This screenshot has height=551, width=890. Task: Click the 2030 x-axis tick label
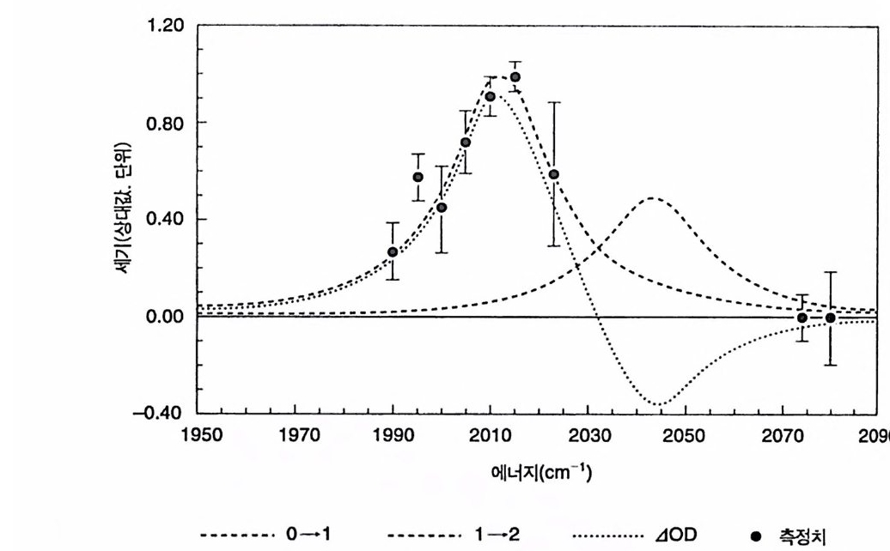click(588, 436)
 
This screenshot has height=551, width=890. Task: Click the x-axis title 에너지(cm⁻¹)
click(540, 473)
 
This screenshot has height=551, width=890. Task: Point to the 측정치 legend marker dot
click(755, 537)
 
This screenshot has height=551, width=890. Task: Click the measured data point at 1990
click(393, 252)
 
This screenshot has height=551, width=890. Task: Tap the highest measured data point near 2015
click(515, 77)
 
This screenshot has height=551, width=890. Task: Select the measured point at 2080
click(830, 318)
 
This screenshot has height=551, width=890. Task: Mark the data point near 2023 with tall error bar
click(554, 174)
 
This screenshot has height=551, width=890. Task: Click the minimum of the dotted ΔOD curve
click(658, 404)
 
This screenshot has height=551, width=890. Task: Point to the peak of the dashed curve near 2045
click(653, 198)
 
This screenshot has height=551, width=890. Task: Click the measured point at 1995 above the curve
click(418, 177)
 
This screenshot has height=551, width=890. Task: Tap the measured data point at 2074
click(802, 318)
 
